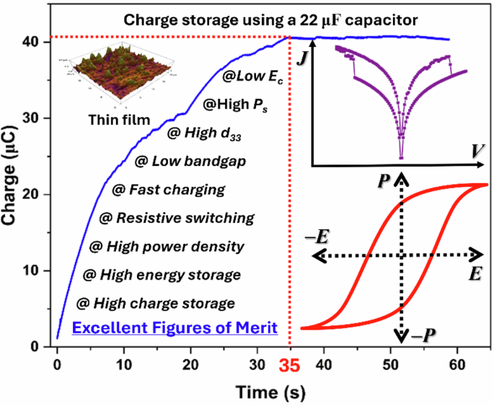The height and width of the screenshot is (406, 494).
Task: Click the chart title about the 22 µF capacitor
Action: point(271,20)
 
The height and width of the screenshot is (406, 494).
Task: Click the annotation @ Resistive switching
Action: point(176,217)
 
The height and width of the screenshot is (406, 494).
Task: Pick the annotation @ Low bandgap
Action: point(190,160)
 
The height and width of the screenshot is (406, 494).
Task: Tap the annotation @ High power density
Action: point(167,246)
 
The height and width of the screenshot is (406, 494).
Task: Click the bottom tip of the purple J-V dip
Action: point(401,158)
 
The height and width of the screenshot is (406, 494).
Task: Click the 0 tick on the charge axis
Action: point(42,347)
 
